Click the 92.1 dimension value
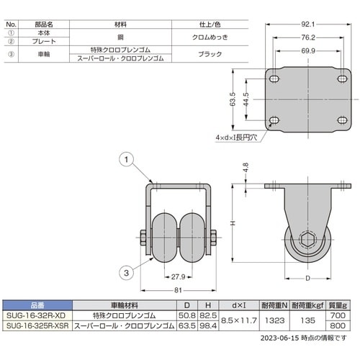click(x=308, y=24)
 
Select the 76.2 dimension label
click(x=308, y=37)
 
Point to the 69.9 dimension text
click(x=308, y=51)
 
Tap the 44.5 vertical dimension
click(x=246, y=99)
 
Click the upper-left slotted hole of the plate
click(x=274, y=78)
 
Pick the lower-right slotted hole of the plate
click(x=342, y=120)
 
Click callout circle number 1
click(x=126, y=159)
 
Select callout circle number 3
click(x=126, y=273)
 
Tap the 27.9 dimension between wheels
click(x=178, y=277)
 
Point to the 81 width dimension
click(x=178, y=290)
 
